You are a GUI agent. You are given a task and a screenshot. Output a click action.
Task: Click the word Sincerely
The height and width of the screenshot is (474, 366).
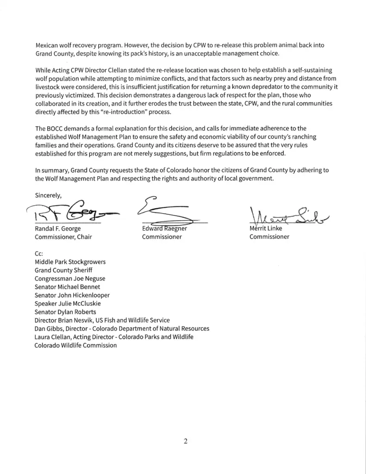coord(48,195)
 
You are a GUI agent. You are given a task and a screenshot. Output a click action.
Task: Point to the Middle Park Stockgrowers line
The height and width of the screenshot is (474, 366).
coord(70,262)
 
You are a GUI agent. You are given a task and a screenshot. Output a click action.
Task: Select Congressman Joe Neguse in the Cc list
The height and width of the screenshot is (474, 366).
coord(70,279)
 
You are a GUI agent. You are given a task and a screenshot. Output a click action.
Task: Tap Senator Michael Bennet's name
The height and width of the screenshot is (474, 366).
coord(68,287)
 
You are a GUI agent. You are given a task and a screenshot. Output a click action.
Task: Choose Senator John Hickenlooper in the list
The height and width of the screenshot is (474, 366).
coord(72,295)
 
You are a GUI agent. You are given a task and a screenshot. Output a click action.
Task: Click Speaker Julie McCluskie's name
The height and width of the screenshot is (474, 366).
coord(68,304)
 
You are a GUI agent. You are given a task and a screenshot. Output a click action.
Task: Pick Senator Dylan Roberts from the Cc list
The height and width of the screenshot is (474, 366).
coord(66,312)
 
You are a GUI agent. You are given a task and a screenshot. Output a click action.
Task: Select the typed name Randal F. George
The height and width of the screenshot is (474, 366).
coord(58,229)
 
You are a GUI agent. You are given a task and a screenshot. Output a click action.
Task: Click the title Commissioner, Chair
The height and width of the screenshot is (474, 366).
coord(63,237)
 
